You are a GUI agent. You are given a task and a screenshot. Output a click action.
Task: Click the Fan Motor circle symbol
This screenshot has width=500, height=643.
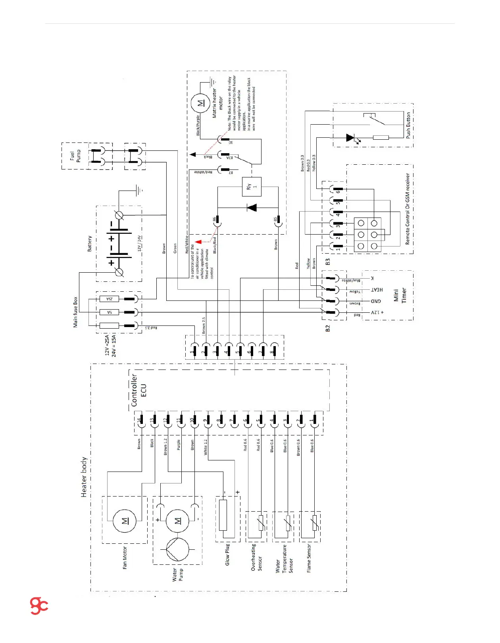click(125, 521)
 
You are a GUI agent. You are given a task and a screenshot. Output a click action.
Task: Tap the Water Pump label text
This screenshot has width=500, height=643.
click(177, 574)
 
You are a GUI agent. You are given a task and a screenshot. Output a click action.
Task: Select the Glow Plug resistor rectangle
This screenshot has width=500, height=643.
click(223, 515)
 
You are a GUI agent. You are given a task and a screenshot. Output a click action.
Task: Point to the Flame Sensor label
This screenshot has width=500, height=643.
click(309, 558)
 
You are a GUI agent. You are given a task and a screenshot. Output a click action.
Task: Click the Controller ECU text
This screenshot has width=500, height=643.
click(139, 390)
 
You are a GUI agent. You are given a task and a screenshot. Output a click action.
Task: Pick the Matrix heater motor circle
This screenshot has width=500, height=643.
click(201, 103)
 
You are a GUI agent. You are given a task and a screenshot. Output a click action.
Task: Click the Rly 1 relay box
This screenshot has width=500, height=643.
click(252, 186)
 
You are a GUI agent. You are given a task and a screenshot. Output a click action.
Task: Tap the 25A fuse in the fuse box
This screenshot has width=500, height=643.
click(110, 299)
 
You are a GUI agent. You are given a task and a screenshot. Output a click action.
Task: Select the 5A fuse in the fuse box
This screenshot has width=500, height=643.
click(110, 312)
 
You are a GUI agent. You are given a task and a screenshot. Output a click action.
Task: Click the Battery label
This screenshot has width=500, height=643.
click(89, 243)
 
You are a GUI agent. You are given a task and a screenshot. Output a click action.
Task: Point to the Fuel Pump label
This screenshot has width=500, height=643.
click(75, 156)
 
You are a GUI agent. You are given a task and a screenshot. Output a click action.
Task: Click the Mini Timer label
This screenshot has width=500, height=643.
click(400, 295)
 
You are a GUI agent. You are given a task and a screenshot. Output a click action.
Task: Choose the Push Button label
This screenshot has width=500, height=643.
click(408, 125)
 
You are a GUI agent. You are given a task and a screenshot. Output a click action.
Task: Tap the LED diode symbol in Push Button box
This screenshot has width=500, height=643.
click(350, 138)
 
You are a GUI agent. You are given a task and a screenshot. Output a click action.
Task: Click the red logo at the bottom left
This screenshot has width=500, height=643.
click(39, 606)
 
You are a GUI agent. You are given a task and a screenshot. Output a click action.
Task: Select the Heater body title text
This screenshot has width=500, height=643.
click(84, 477)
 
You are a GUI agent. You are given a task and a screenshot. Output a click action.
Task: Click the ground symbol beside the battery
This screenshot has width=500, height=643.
click(139, 190)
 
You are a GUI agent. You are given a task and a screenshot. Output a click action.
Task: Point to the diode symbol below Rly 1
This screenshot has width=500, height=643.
click(252, 208)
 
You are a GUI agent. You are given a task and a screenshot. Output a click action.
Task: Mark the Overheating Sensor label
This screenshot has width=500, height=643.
click(256, 557)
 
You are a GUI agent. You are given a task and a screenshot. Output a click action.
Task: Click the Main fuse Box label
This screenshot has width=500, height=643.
click(75, 312)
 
